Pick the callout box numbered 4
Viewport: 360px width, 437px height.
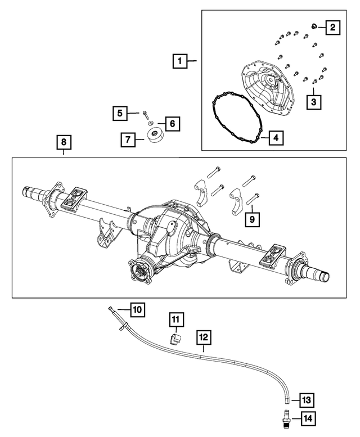click(276, 137)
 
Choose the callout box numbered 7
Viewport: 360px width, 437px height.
click(127, 139)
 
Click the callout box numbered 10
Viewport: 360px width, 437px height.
click(138, 309)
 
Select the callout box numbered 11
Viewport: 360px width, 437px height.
click(175, 319)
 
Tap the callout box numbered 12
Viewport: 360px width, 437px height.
click(204, 337)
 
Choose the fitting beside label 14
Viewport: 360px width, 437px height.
click(286, 418)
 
